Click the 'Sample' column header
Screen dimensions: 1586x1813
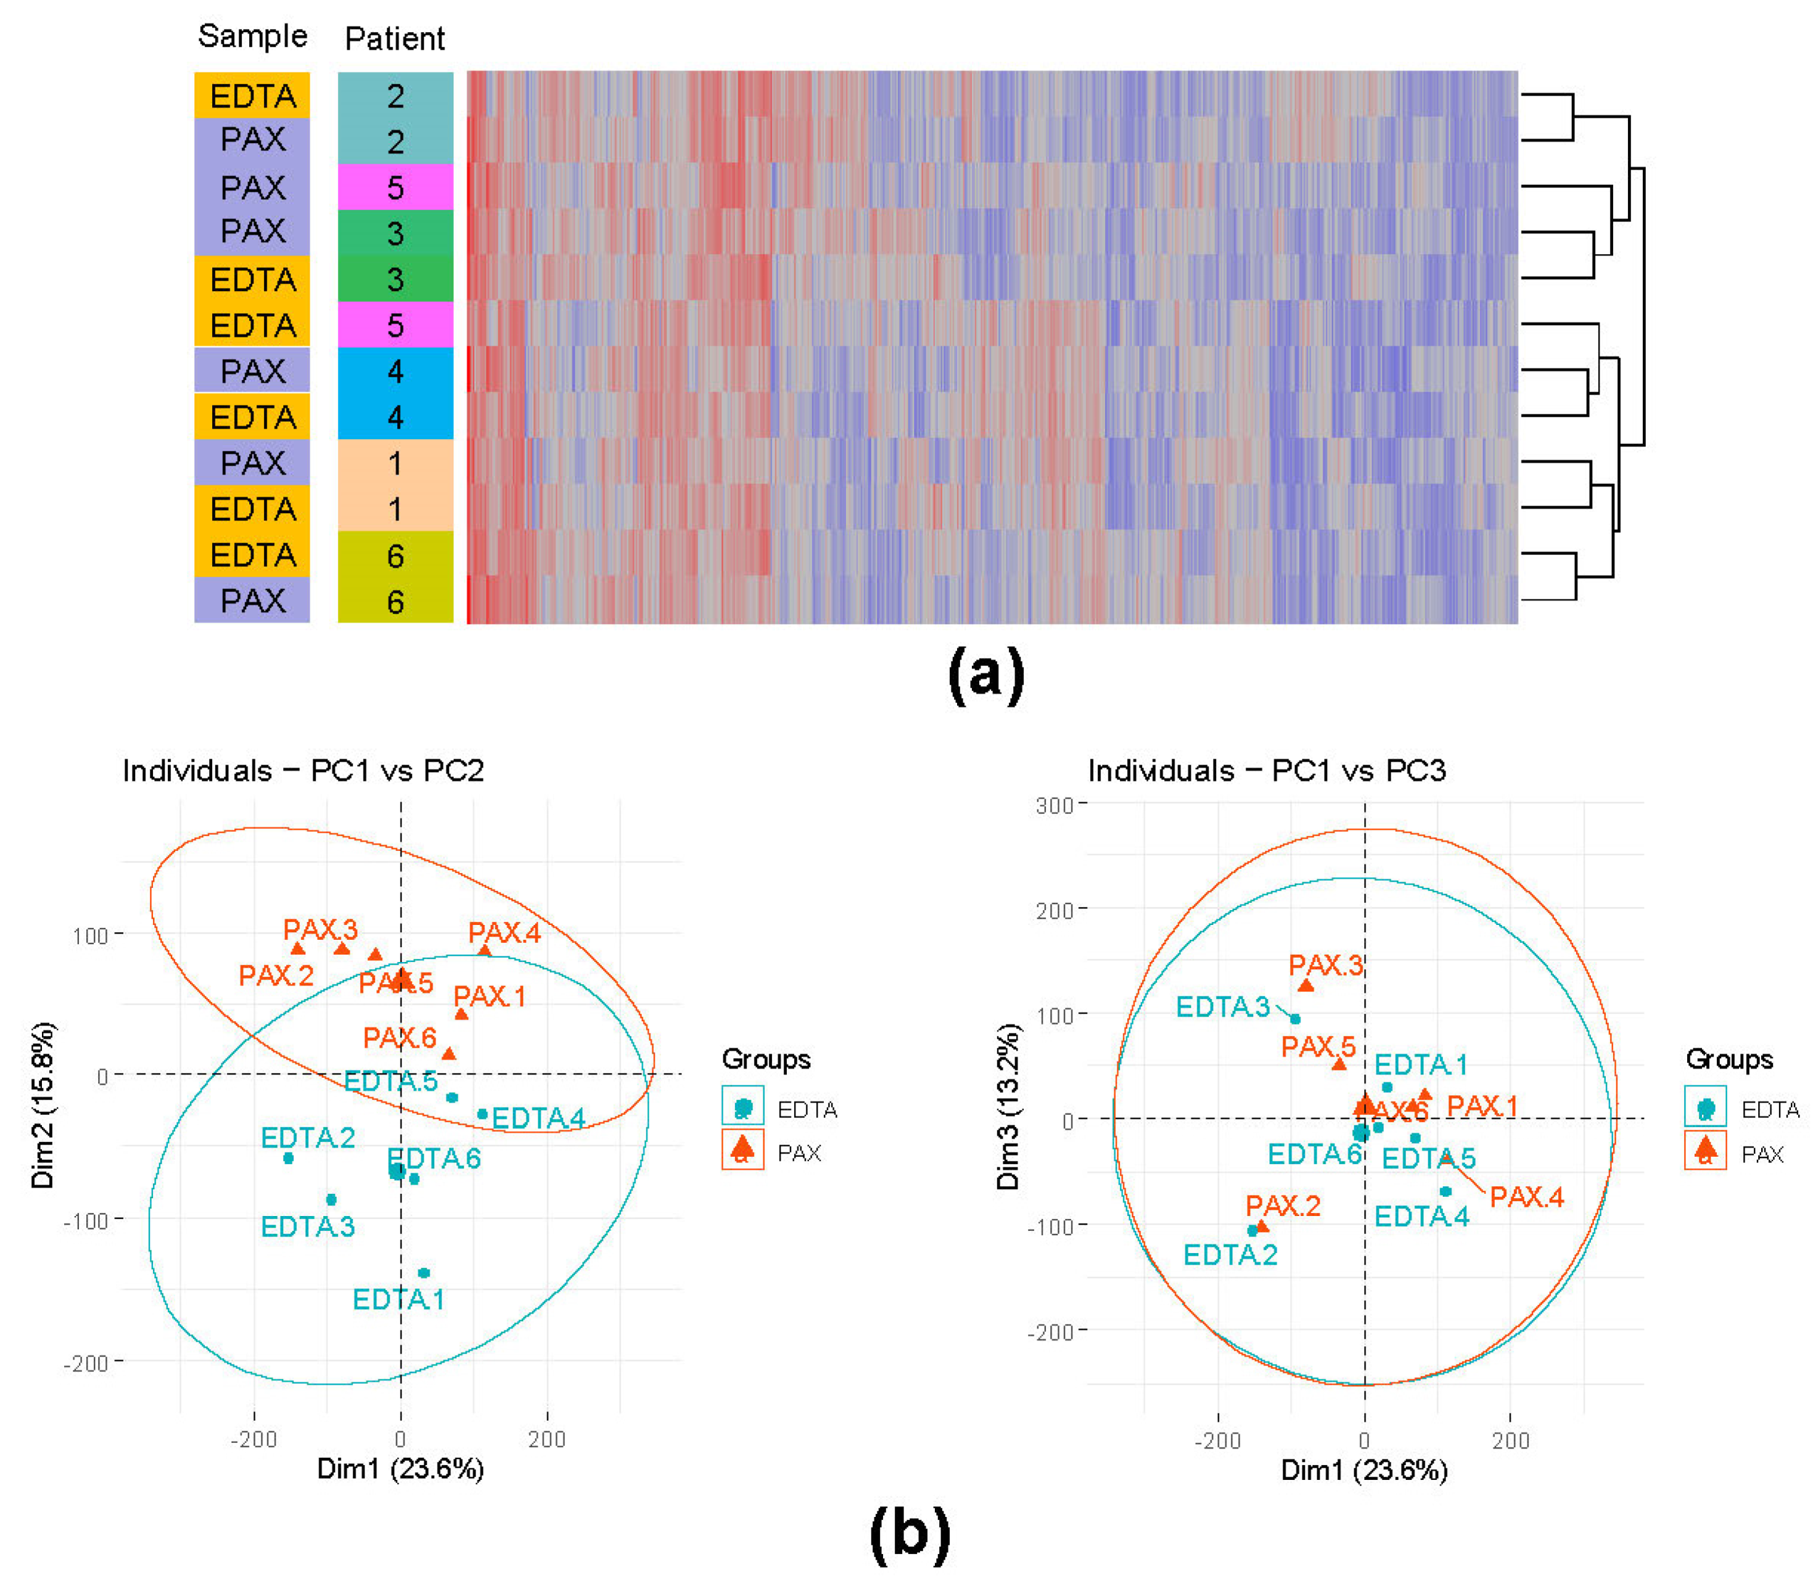252,36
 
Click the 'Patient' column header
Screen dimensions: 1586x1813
394,39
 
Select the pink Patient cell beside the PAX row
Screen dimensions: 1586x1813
395,187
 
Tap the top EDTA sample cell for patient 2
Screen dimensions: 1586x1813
252,96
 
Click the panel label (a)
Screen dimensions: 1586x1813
985,675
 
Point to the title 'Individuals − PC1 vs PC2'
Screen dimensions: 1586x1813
303,771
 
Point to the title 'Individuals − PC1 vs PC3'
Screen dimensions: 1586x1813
1266,771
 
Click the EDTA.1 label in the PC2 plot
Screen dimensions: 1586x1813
398,1299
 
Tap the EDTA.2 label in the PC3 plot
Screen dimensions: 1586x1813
1230,1255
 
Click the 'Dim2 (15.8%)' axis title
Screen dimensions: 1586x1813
43,1106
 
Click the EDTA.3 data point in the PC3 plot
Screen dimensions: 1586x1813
1295,1019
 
